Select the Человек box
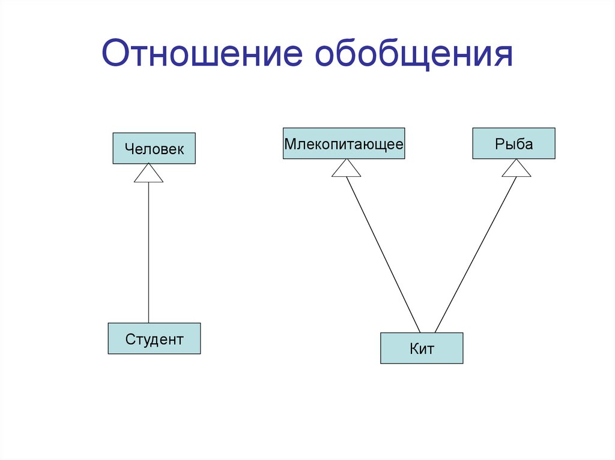tap(154, 148)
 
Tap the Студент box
tap(154, 338)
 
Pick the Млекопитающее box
tap(344, 143)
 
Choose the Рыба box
tap(514, 143)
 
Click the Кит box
tap(422, 348)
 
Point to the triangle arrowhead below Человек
tap(148, 175)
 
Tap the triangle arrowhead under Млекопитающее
tap(346, 169)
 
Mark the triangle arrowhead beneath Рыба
tap(517, 169)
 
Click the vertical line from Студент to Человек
tap(148, 252)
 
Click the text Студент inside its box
tap(154, 339)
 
